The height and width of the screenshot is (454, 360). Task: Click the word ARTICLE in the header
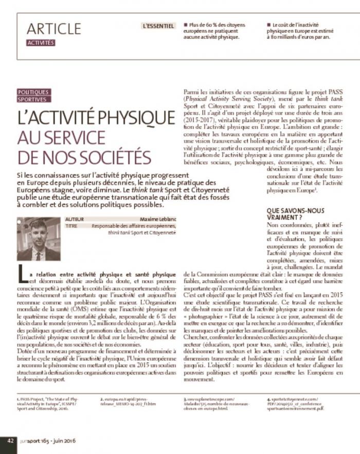click(x=54, y=29)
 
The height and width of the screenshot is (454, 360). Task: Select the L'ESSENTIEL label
click(x=158, y=25)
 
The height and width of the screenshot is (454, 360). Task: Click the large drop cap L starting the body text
click(x=22, y=276)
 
